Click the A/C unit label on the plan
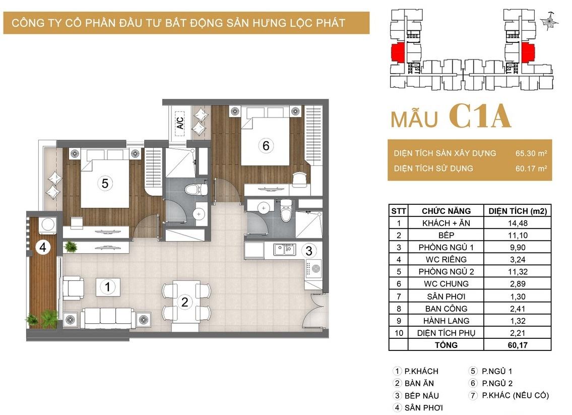180,121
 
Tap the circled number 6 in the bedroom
266,146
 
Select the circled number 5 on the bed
105,183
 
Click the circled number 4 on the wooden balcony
43,248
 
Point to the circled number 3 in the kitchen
309,251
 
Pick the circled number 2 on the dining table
184,302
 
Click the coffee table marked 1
108,287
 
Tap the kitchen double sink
285,250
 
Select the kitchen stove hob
313,269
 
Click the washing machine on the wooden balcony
47,225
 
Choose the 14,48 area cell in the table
518,223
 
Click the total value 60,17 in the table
518,345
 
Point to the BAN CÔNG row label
446,309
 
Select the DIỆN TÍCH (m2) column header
518,211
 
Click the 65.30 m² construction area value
531,153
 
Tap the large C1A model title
479,116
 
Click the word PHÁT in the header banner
330,23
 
